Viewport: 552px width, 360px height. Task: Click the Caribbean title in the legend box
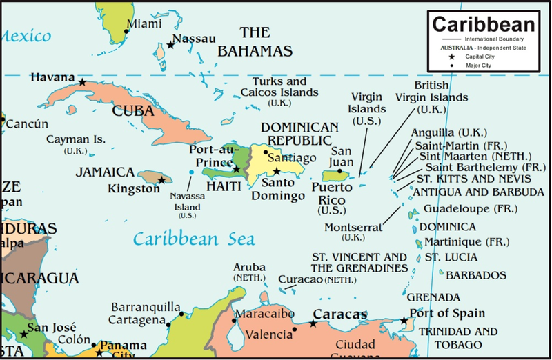pyautogui.click(x=484, y=24)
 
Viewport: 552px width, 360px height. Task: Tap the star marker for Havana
pyautogui.click(x=82, y=82)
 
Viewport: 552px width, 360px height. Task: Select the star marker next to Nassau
pyautogui.click(x=171, y=46)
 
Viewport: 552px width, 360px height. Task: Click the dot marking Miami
pyautogui.click(x=126, y=31)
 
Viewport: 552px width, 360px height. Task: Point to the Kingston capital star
pyautogui.click(x=161, y=180)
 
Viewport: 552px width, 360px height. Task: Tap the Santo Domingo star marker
pyautogui.click(x=277, y=171)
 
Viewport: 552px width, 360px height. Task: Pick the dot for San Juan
pyautogui.click(x=339, y=171)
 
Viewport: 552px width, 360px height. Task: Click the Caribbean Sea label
pyautogui.click(x=194, y=239)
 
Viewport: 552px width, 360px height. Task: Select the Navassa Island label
pyautogui.click(x=187, y=201)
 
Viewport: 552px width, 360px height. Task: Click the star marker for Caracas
pyautogui.click(x=313, y=323)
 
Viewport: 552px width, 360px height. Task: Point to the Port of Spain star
pyautogui.click(x=405, y=321)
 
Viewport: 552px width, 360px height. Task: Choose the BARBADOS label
pyautogui.click(x=476, y=274)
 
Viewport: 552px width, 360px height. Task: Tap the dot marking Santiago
pyautogui.click(x=266, y=152)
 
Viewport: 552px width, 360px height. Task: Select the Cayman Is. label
pyautogui.click(x=76, y=139)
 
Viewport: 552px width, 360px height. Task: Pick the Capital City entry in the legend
pyautogui.click(x=482, y=57)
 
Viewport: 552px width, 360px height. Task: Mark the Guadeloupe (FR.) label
pyautogui.click(x=466, y=208)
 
